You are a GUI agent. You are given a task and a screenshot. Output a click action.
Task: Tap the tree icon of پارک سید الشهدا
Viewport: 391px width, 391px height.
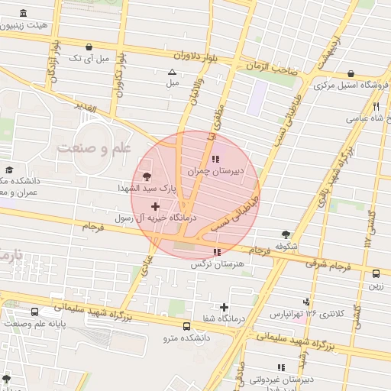point(147,177)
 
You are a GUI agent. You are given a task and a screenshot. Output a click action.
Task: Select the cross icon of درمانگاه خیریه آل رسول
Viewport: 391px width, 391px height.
point(156,206)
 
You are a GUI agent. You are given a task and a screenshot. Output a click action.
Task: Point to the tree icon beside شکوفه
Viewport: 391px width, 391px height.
point(286,234)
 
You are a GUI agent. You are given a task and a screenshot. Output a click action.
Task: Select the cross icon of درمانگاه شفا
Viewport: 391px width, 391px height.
point(223,306)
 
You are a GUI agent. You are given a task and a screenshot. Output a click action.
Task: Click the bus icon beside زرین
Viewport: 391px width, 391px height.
point(376,274)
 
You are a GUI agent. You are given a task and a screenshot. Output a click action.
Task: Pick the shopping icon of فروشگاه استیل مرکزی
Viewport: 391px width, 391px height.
point(351,73)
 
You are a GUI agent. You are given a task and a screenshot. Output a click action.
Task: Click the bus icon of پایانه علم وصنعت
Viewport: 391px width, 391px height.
point(35,312)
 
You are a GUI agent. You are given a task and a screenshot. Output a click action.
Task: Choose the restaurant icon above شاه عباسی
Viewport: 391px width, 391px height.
point(375,107)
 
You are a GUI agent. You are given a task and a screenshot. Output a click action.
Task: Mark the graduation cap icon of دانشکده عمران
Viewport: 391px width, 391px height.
point(9,170)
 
